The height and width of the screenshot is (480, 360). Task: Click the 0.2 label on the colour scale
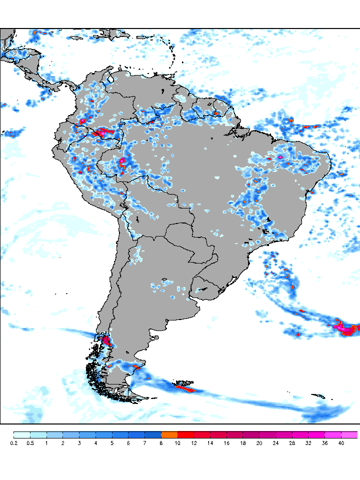(x=14, y=443)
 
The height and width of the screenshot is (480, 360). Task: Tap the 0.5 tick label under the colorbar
(x=30, y=443)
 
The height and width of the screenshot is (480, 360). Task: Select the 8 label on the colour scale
(x=161, y=443)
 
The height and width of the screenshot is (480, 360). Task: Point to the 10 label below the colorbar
(x=177, y=443)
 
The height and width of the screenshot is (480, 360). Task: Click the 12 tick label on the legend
(x=194, y=443)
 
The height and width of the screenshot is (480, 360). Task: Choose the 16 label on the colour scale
(x=226, y=443)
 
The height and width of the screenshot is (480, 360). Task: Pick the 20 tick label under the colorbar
(x=259, y=443)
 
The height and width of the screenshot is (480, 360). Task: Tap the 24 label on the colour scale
(x=275, y=443)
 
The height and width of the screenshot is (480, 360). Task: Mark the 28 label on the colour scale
(x=292, y=443)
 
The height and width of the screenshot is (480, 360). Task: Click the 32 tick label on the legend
(x=308, y=443)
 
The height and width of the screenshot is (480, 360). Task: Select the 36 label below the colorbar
(x=324, y=443)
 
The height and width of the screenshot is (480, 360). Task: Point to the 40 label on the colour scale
(x=341, y=443)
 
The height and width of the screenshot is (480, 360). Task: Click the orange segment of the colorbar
(x=169, y=434)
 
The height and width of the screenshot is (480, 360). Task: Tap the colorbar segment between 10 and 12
(x=186, y=434)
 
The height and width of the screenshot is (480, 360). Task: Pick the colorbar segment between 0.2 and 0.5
(x=22, y=434)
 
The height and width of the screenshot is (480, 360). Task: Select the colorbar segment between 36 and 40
(x=333, y=434)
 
